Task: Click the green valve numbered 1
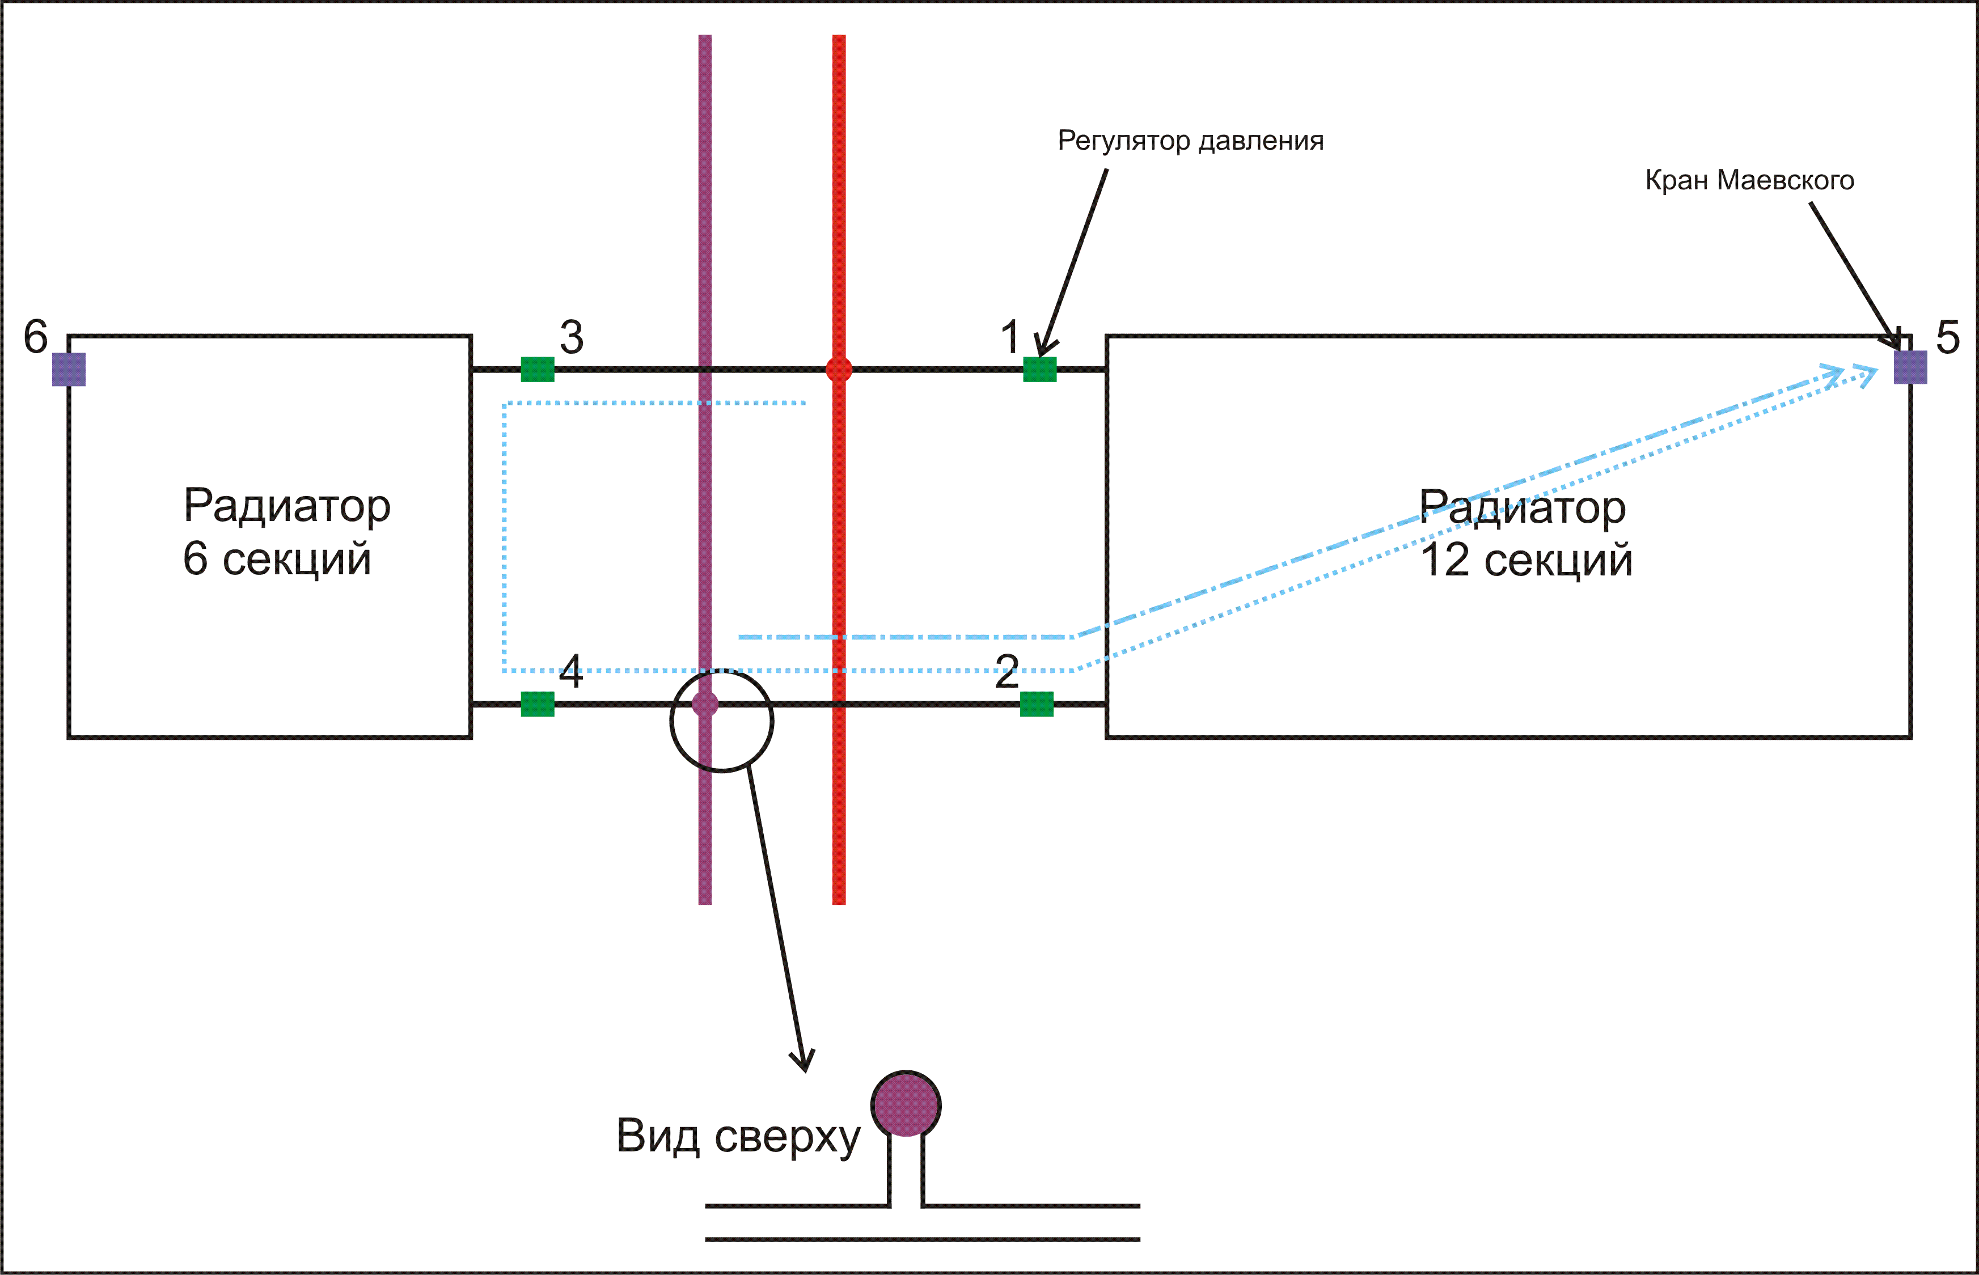(x=1039, y=369)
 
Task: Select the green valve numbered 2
(x=1036, y=704)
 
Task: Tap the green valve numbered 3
(x=538, y=369)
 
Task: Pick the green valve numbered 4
(x=538, y=704)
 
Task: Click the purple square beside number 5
(x=1910, y=367)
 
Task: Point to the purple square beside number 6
(x=69, y=369)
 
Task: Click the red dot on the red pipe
(x=839, y=369)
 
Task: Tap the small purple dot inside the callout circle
(x=705, y=704)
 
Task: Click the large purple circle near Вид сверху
(x=906, y=1104)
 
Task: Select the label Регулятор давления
(x=1191, y=141)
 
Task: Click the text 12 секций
(x=1526, y=561)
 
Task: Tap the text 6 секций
(x=277, y=559)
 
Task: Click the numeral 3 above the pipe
(x=572, y=338)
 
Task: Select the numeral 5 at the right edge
(x=1948, y=338)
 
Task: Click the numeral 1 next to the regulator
(x=1009, y=338)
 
